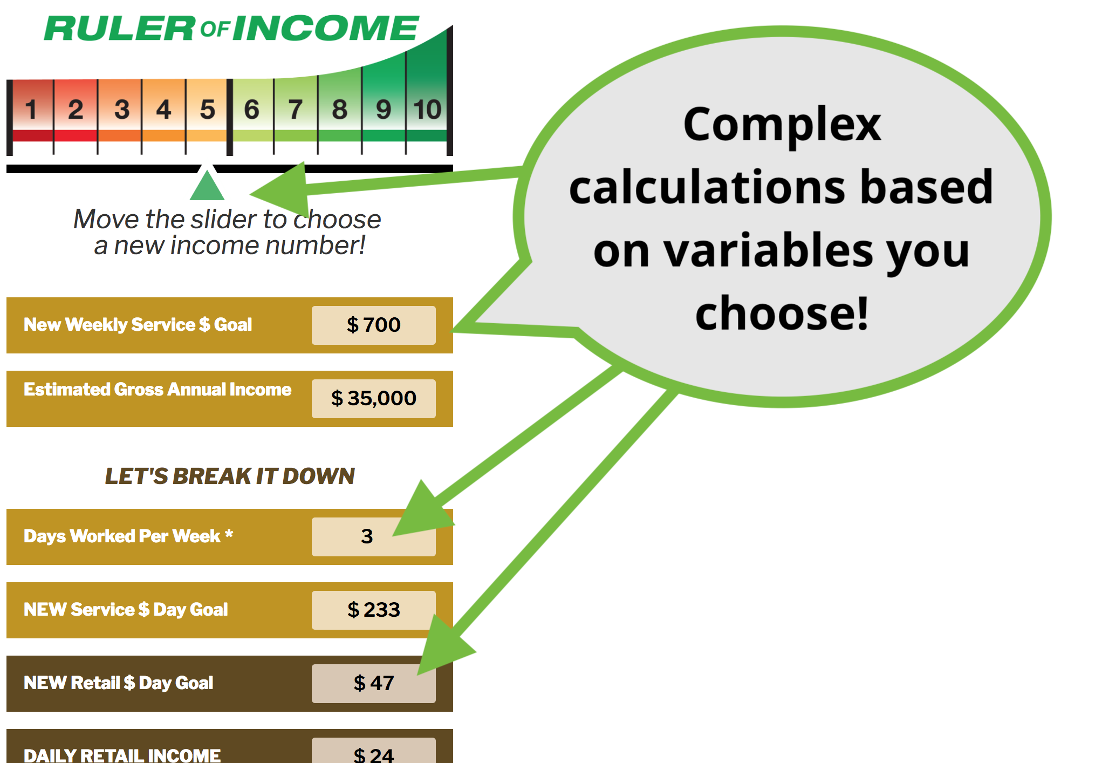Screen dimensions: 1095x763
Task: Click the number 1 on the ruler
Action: [x=31, y=110]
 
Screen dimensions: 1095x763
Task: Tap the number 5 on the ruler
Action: [x=208, y=110]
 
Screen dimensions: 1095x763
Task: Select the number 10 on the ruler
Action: [x=427, y=110]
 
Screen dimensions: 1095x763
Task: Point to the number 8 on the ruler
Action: [x=339, y=110]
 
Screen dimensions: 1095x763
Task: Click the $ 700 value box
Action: [x=374, y=325]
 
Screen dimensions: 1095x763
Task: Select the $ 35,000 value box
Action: [x=374, y=398]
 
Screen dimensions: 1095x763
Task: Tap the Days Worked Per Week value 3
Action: [x=367, y=536]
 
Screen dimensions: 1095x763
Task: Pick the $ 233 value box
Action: [x=374, y=610]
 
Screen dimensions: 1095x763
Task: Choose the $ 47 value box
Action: [x=374, y=683]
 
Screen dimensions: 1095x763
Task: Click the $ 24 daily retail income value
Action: [x=374, y=754]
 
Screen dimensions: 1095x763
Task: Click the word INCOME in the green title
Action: [x=326, y=28]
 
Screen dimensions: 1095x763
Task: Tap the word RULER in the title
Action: [x=120, y=28]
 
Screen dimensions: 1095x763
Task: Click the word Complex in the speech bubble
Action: [x=782, y=125]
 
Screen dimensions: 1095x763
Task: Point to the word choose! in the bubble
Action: [x=782, y=313]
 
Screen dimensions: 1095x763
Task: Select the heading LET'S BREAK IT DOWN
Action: [x=230, y=476]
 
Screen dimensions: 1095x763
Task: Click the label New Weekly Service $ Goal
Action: [x=138, y=324]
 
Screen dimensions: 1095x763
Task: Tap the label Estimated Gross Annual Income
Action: [x=158, y=389]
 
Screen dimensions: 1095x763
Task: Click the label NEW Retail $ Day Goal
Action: [x=119, y=683]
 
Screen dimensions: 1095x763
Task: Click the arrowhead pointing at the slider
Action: [x=280, y=190]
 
